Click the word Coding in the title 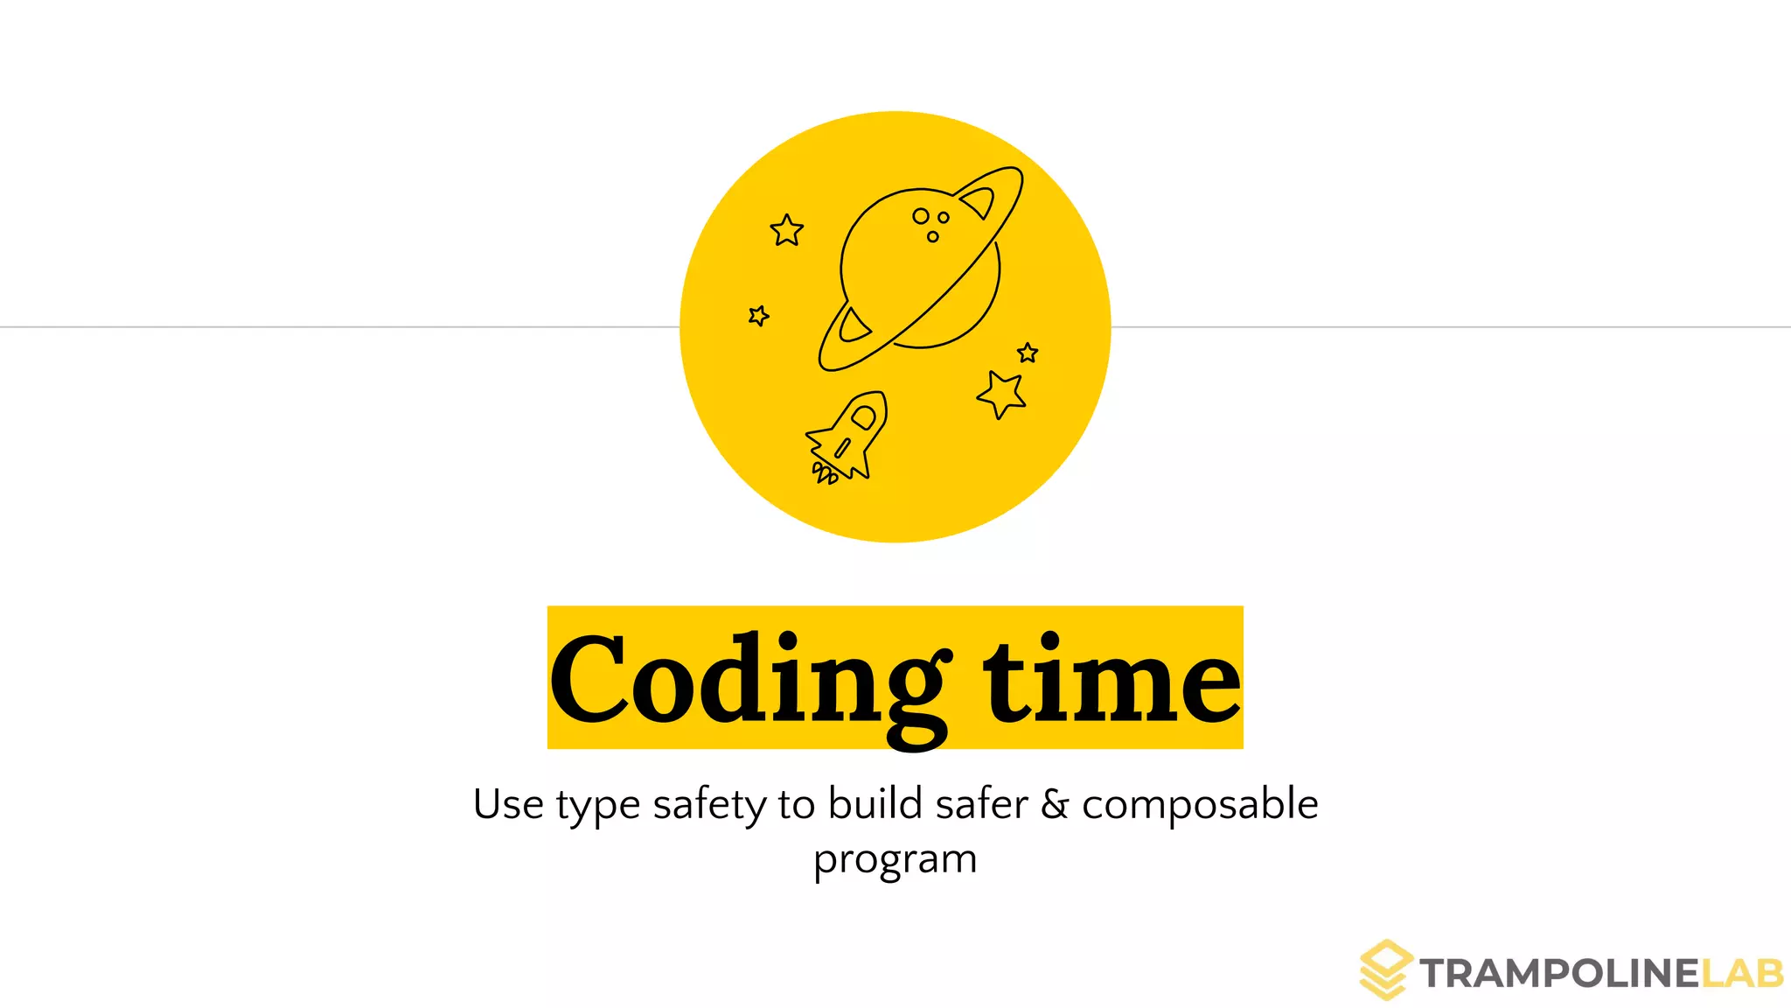tap(748, 681)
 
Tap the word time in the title tap(1112, 681)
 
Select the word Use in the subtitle tap(508, 804)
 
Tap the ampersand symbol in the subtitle tap(1055, 804)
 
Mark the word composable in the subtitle tap(1200, 805)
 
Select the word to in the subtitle tap(797, 805)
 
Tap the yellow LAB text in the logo tap(1741, 974)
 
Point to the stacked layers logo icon tap(1386, 969)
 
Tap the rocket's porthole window tap(863, 417)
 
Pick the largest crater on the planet tap(921, 215)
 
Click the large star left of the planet tap(786, 231)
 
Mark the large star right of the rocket tap(1001, 394)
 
